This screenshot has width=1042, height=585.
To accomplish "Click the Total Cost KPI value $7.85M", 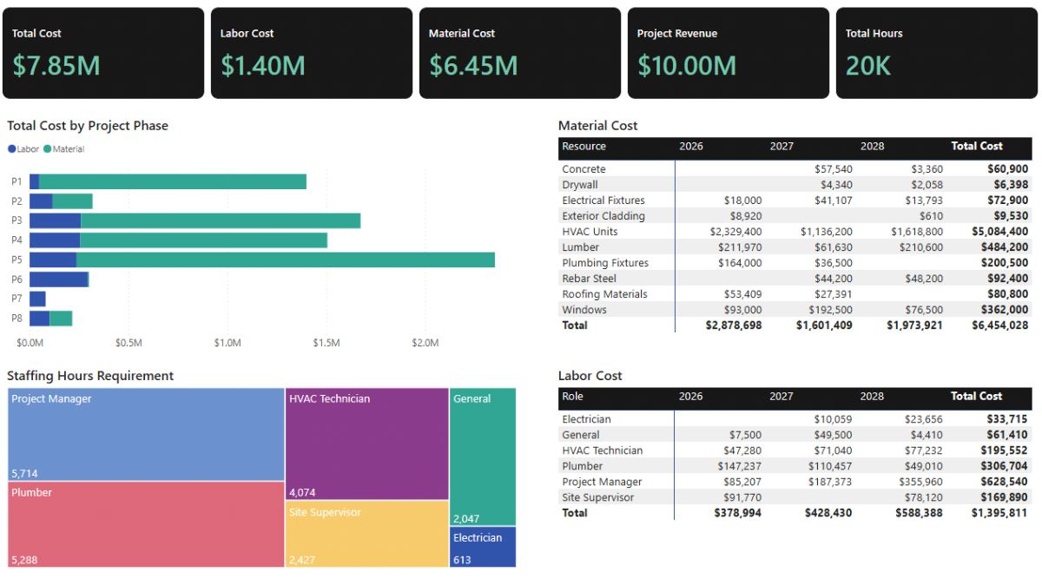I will pyautogui.click(x=56, y=66).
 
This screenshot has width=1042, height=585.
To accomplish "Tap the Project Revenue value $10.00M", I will pyautogui.click(x=686, y=66).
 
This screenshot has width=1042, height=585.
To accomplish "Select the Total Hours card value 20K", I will pyautogui.click(x=868, y=66).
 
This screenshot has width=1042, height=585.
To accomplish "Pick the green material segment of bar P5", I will pyautogui.click(x=287, y=260).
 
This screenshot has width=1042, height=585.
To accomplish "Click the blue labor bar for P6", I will pyautogui.click(x=59, y=279).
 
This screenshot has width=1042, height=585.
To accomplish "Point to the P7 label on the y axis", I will pyautogui.click(x=16, y=299).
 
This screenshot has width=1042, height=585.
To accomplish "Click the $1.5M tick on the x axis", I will pyautogui.click(x=326, y=343).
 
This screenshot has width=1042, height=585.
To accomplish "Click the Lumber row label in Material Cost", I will pyautogui.click(x=580, y=247).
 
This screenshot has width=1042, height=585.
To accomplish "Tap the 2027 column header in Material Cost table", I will pyautogui.click(x=781, y=147).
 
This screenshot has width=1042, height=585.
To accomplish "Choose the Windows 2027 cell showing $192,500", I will pyautogui.click(x=828, y=310).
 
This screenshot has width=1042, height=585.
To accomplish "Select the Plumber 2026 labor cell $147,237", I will pyautogui.click(x=736, y=466).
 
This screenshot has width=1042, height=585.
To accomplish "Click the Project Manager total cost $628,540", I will pyautogui.click(x=999, y=482).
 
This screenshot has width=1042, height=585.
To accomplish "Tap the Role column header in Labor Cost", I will pyautogui.click(x=572, y=397).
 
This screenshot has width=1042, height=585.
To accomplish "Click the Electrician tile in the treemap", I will pyautogui.click(x=483, y=547).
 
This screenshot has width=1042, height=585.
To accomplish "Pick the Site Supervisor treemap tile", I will pyautogui.click(x=366, y=534).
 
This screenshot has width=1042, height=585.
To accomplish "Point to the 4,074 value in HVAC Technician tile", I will pyautogui.click(x=301, y=493).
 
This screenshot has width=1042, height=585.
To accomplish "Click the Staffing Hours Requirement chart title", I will pyautogui.click(x=90, y=376).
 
